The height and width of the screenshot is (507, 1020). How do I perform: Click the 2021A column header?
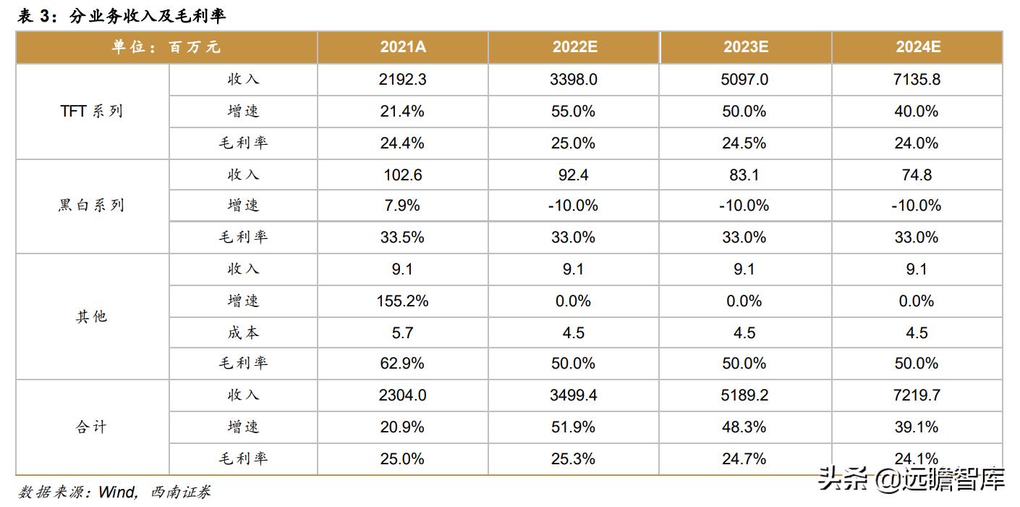pos(402,47)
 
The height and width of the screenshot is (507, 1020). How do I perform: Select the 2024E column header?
pos(917,47)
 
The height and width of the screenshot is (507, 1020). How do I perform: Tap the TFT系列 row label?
pos(92,112)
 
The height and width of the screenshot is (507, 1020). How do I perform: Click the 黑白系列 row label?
pos(92,206)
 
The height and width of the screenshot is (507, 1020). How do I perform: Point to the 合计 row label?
pos(92,427)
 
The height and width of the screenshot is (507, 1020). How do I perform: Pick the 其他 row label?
pos(92,317)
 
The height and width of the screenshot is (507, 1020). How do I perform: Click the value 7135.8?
pos(917,80)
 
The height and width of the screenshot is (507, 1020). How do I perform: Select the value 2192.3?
pos(402,80)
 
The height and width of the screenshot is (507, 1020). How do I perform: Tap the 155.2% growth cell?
pos(402,301)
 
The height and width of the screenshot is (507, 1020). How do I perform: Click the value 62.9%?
pos(402,364)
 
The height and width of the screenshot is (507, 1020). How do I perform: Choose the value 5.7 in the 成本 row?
pos(402,332)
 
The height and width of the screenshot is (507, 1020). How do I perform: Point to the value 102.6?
pos(402,175)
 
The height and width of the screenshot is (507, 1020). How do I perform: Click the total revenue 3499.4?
pos(574,395)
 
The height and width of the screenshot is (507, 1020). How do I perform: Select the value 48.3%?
pos(745,427)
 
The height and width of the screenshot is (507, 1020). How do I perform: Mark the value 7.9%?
pos(402,206)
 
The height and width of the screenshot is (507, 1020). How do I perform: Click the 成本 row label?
pos(243,332)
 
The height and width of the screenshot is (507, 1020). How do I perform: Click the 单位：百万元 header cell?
pos(166,47)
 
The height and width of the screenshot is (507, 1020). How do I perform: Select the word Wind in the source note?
pos(117,493)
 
